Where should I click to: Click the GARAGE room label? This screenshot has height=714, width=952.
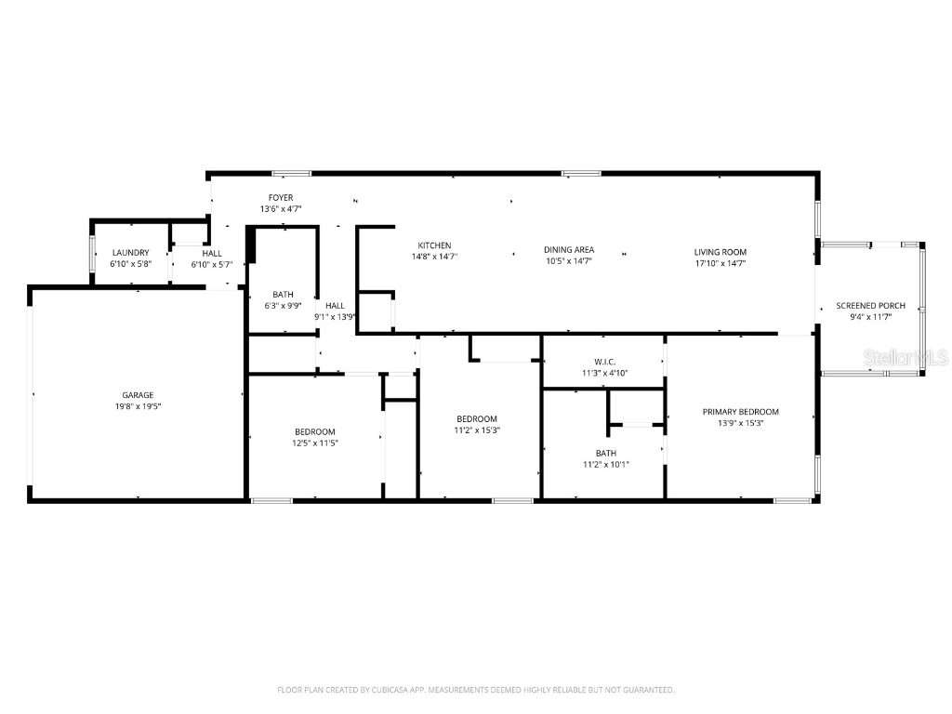pos(138,395)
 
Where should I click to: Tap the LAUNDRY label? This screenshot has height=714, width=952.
pos(130,253)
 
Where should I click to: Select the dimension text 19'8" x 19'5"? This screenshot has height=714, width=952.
pos(138,407)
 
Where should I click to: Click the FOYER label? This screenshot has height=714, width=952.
pos(281,198)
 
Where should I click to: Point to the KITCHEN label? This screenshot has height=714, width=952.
pos(434,245)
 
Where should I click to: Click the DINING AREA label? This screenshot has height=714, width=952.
pos(568,250)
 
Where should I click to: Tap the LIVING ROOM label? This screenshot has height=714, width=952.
pos(720,252)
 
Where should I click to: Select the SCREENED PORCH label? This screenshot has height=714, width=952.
pos(870,306)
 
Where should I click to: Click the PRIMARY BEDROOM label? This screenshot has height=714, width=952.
pos(740,412)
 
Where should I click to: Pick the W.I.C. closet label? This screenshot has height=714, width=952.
pos(604,362)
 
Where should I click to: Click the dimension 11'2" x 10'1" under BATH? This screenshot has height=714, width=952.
pos(606,465)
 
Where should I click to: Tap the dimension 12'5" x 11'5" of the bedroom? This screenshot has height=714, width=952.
pos(315,443)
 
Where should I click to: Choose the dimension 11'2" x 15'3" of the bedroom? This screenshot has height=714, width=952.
pos(476,430)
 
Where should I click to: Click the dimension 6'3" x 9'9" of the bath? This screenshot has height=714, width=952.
pos(283,306)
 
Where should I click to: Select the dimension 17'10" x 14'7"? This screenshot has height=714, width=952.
pos(720,264)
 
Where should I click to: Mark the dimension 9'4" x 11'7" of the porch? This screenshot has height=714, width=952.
pos(870,317)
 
